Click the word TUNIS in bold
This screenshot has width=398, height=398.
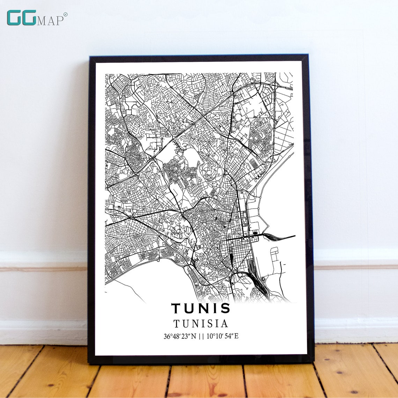click(201, 308)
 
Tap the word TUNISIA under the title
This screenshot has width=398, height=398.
click(201, 324)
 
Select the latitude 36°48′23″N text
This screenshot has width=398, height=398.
click(180, 337)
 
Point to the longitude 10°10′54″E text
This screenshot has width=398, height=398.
click(223, 337)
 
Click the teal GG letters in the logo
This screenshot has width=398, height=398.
click(21, 18)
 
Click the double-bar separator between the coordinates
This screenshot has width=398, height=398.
click(201, 337)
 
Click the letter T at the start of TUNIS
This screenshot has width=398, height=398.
click(176, 308)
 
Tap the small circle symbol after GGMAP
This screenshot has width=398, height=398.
click(65, 14)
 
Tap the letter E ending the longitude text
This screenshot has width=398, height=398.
click(236, 337)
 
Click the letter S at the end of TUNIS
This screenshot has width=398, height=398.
click(226, 308)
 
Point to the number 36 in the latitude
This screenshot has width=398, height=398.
click(167, 337)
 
